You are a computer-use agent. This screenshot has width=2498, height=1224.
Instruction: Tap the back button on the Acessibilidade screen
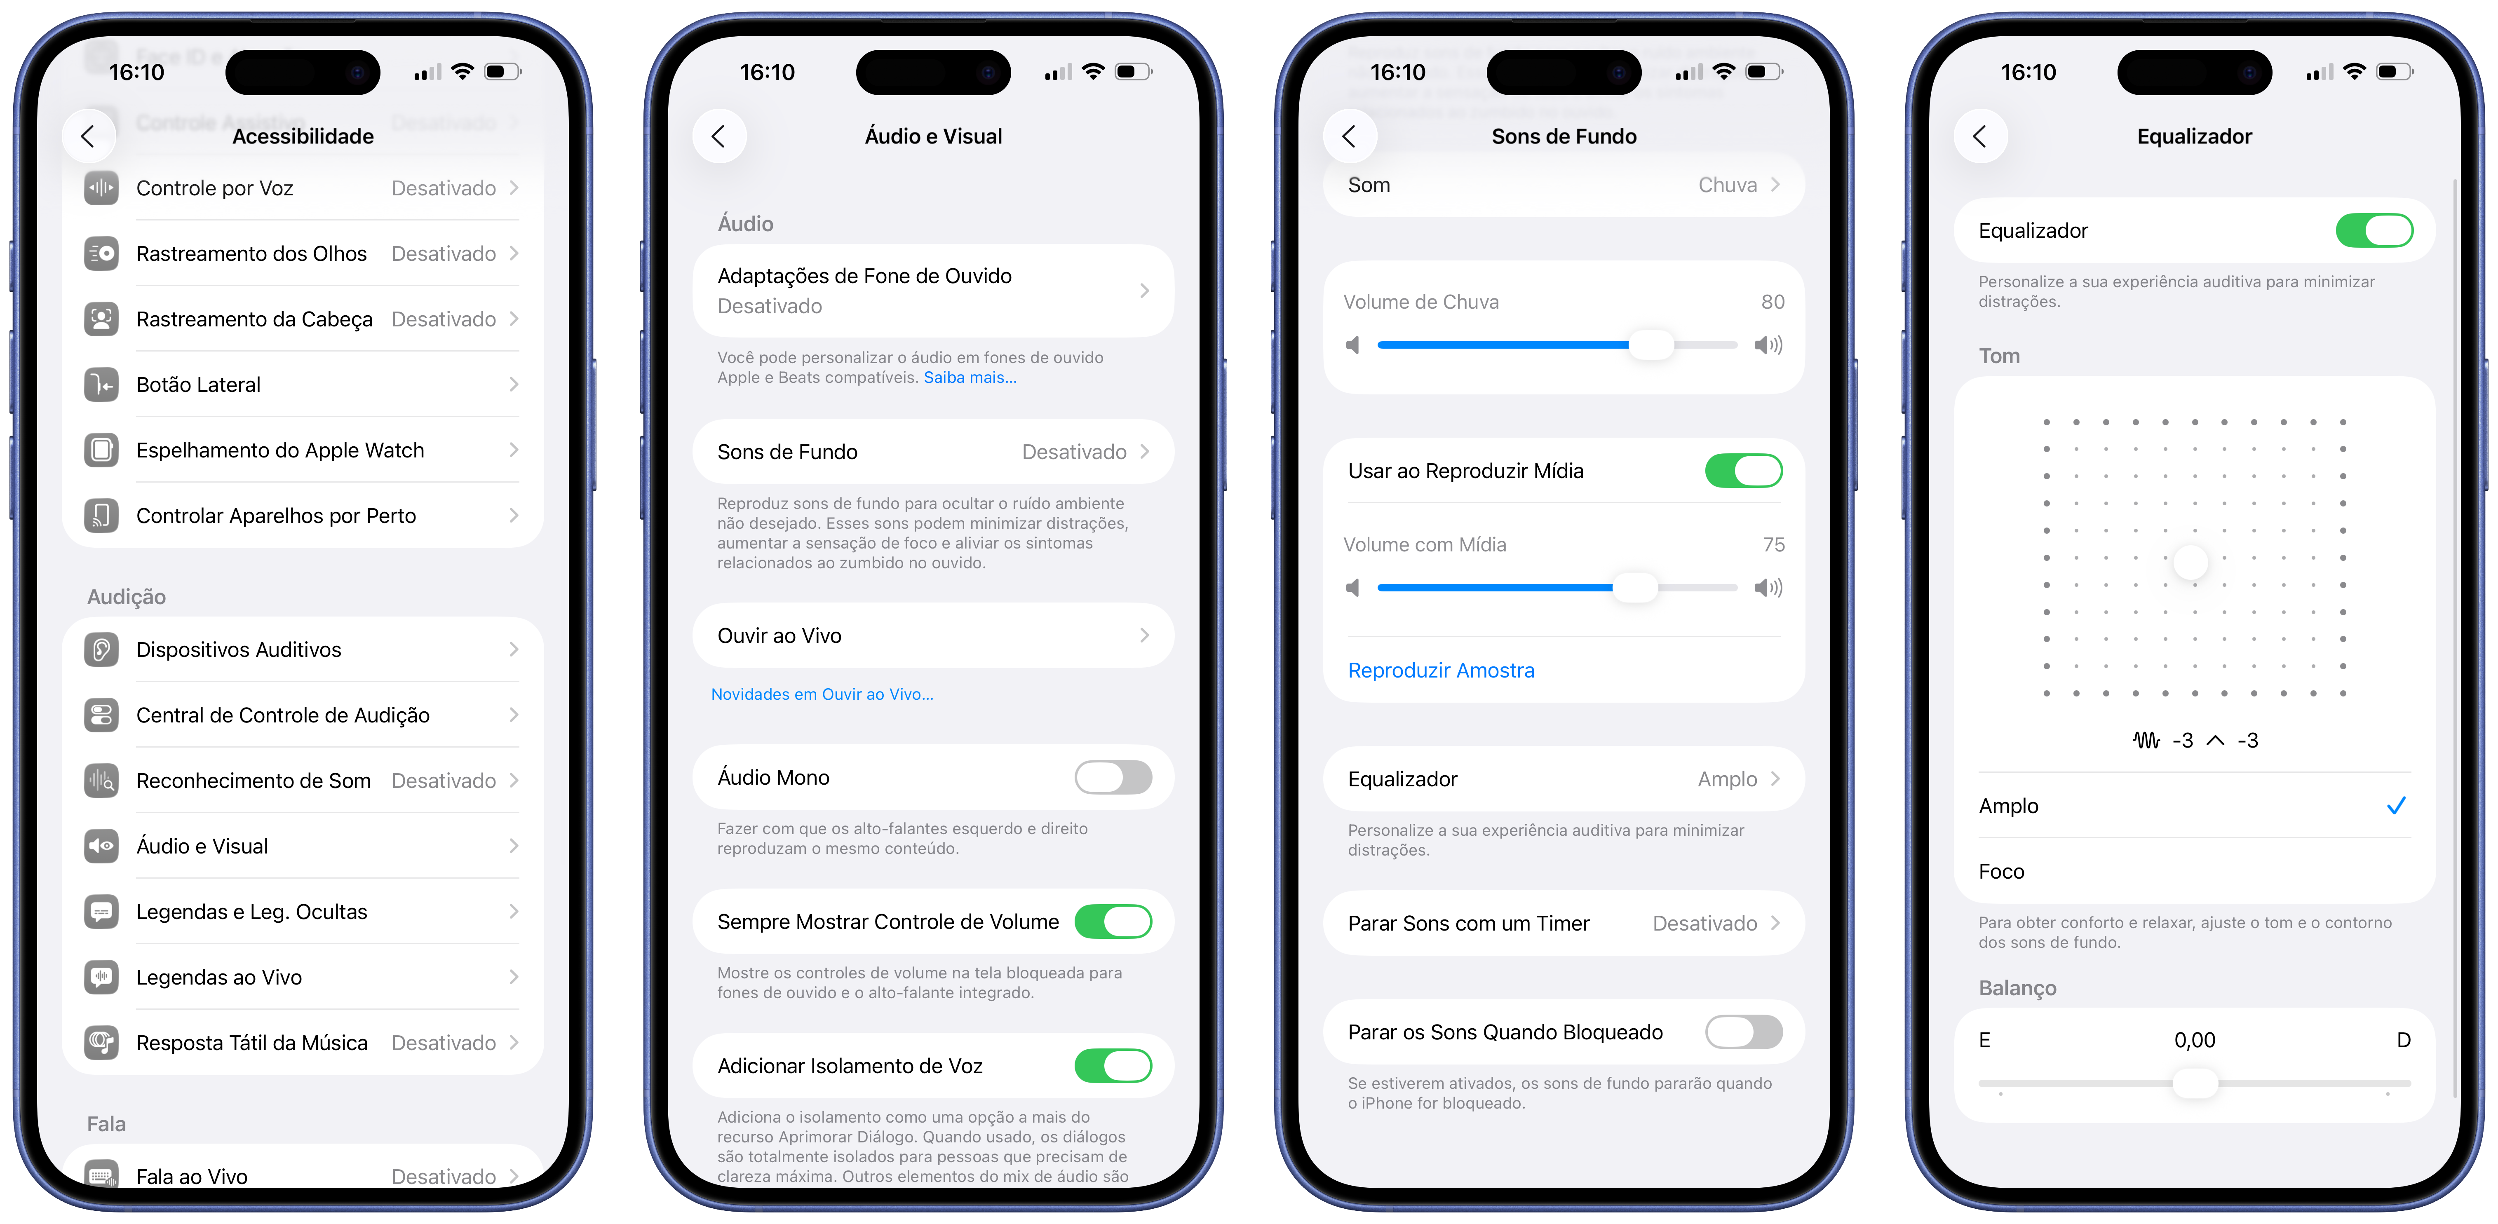pyautogui.click(x=88, y=137)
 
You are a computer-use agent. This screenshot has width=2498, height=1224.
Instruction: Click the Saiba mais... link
pyautogui.click(x=970, y=377)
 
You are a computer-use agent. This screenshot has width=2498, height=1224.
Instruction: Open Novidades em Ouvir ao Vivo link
pyautogui.click(x=822, y=694)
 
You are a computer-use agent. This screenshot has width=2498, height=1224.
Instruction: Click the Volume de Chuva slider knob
pyautogui.click(x=1650, y=345)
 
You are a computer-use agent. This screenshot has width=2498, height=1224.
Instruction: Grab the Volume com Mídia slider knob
pyautogui.click(x=1635, y=588)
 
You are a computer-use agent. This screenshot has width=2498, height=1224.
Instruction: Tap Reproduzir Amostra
pyautogui.click(x=1441, y=670)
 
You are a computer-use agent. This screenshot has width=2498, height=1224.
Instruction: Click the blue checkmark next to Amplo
pyautogui.click(x=2396, y=805)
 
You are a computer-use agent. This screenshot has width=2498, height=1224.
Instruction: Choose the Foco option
pyautogui.click(x=2002, y=871)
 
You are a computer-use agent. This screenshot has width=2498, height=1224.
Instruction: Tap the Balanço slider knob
pyautogui.click(x=2195, y=1082)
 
